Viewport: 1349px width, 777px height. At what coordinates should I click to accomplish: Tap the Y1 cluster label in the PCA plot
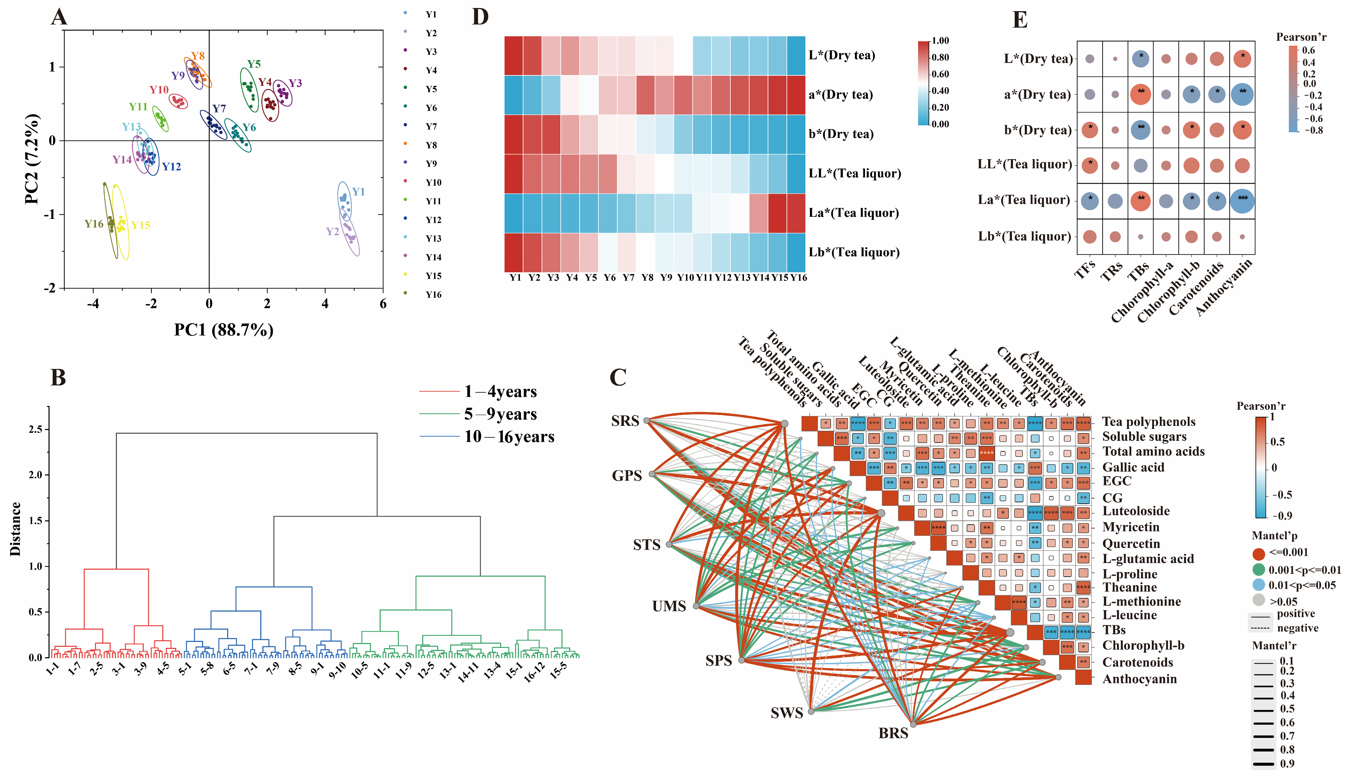[358, 192]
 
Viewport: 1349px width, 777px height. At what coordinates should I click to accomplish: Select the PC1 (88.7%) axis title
[224, 330]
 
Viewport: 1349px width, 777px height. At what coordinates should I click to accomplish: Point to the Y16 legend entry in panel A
[433, 295]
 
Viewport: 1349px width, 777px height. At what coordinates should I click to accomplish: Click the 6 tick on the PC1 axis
[382, 304]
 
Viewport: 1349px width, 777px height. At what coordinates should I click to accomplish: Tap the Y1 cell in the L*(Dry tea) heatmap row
[514, 55]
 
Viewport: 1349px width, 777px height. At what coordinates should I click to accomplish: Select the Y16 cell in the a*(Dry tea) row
[796, 95]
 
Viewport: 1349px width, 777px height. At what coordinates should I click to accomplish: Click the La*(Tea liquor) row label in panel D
[854, 213]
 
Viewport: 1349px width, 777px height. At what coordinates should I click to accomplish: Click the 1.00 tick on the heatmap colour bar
[940, 40]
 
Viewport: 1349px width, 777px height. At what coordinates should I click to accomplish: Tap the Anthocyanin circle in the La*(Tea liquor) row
[1242, 201]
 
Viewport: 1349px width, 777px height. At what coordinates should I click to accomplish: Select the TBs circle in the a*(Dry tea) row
[1140, 95]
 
